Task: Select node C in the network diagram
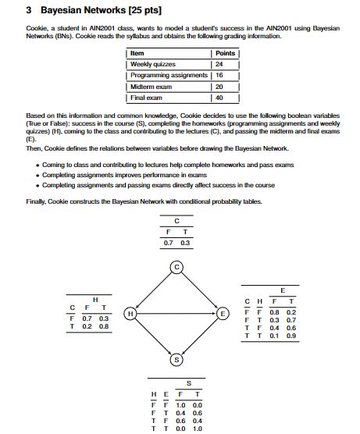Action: click(177, 268)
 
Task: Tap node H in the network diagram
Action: click(131, 313)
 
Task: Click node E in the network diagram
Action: click(223, 313)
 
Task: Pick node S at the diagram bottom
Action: click(177, 359)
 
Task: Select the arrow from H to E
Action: click(176, 313)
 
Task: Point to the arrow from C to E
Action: click(200, 290)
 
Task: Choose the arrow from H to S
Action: click(154, 336)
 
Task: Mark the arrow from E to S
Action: click(200, 336)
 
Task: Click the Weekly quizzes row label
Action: click(153, 64)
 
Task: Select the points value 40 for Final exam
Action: click(219, 98)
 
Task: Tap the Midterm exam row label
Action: click(150, 87)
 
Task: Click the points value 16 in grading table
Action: click(219, 76)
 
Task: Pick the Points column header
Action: click(224, 53)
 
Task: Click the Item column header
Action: click(137, 53)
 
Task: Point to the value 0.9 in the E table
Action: click(290, 336)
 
